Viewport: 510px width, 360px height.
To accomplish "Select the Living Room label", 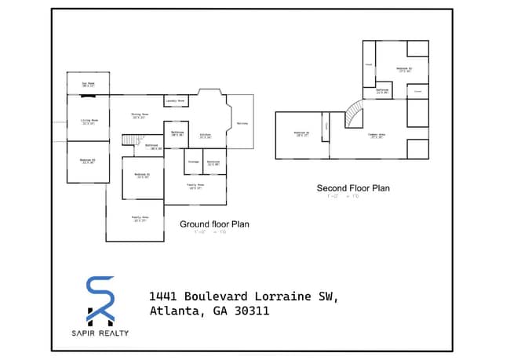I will pos(89,122).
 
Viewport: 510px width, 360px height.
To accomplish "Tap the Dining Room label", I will pos(140,115).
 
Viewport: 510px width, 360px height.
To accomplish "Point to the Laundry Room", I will pos(175,101).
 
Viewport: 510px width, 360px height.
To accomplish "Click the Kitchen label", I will pos(205,136).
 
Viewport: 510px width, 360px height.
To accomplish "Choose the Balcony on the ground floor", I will pos(242,123).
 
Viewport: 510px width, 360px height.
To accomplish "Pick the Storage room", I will pos(194,162).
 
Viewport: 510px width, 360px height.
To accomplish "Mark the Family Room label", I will pos(195,187).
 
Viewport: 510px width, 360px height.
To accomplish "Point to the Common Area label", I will pos(377,136).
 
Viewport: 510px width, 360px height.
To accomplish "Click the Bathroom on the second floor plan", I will pos(382,91).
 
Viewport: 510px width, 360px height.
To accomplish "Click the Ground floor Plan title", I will pos(214,224).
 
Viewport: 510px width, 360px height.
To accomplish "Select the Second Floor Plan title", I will pos(352,188).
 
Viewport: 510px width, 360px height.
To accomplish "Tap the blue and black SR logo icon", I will pos(100,300).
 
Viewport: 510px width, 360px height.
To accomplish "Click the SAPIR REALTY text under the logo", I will pos(100,333).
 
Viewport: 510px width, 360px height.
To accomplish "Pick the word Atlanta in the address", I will pos(173,311).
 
